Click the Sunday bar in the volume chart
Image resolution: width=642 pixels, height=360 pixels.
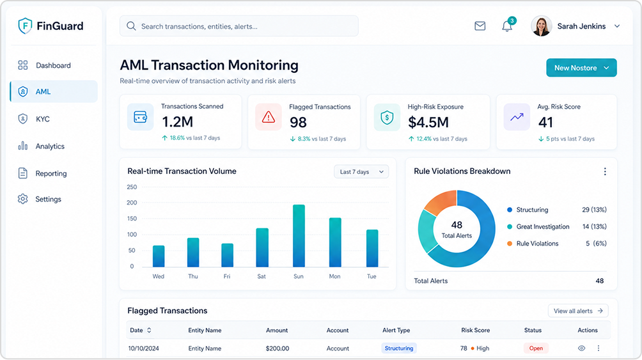click(x=299, y=236)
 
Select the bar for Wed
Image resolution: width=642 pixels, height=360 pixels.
click(x=159, y=256)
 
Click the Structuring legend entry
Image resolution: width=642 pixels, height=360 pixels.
click(x=528, y=210)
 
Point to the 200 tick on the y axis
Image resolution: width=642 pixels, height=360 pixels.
click(x=132, y=203)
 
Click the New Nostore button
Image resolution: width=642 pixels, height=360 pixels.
click(x=581, y=68)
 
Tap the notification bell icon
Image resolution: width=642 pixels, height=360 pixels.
click(x=507, y=26)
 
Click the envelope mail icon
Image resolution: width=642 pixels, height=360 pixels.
click(x=480, y=26)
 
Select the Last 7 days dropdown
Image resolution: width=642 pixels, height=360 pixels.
click(x=361, y=171)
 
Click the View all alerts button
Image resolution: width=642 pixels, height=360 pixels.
click(x=578, y=311)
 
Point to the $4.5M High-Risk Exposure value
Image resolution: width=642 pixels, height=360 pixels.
click(x=428, y=122)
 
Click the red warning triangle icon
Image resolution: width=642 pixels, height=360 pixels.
click(x=269, y=117)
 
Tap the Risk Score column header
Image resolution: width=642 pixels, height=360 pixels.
click(x=475, y=330)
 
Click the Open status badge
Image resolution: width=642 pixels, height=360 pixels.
click(x=536, y=348)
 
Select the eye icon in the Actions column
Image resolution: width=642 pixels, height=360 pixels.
click(x=581, y=348)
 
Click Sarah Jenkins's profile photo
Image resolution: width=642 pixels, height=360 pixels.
click(x=541, y=26)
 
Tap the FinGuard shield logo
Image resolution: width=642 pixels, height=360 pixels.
click(x=25, y=26)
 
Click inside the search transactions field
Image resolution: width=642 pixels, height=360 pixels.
click(x=239, y=26)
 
